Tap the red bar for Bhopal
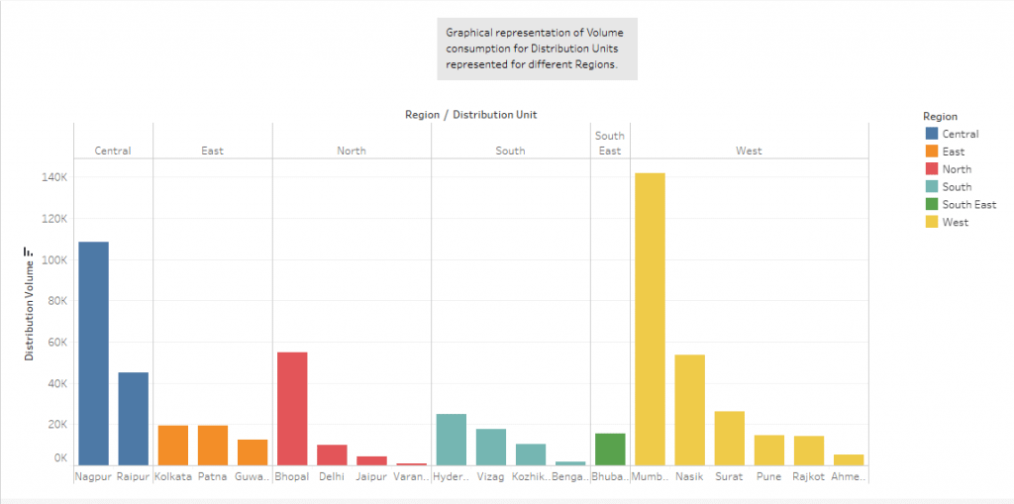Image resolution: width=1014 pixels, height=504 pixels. (292, 408)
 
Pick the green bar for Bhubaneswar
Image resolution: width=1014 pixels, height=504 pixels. (610, 449)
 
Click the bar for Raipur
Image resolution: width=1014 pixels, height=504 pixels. (133, 418)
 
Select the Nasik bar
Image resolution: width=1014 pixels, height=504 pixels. (689, 409)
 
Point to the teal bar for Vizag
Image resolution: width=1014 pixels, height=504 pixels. (491, 447)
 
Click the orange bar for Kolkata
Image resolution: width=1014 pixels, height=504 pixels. (173, 445)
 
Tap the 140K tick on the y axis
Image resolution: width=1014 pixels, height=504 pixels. (53, 177)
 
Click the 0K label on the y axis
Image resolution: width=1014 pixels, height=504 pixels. (58, 458)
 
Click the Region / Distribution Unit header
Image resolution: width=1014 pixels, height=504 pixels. (470, 115)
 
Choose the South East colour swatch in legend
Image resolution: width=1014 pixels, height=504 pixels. (931, 205)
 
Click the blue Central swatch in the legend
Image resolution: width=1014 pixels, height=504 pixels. (931, 134)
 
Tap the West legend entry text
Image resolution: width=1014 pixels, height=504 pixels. (956, 223)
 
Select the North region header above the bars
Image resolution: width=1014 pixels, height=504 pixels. (351, 151)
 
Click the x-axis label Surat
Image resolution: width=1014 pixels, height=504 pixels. (729, 476)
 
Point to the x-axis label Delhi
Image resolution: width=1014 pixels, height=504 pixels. (332, 476)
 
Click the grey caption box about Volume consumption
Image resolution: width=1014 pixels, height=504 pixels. (537, 48)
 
